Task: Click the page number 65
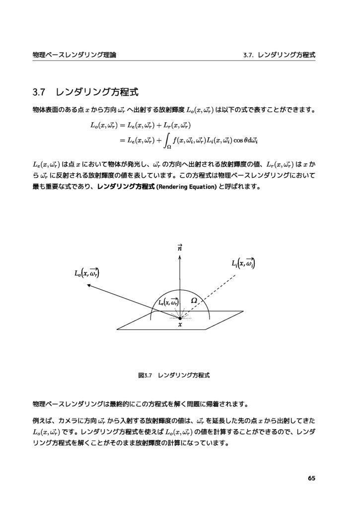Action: [311, 478]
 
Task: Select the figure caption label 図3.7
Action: [144, 376]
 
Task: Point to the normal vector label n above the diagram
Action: [180, 248]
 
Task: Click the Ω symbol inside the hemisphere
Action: [194, 301]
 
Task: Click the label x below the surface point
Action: [180, 325]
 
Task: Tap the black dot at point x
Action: [180, 318]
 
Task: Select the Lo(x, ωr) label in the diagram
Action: [86, 272]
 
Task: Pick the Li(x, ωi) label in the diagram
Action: [243, 264]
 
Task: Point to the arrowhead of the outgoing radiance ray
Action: [89, 285]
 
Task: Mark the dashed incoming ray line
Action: [214, 293]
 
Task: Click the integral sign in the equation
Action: [167, 140]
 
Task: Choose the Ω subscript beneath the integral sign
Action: [169, 147]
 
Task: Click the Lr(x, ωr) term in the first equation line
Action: [173, 125]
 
